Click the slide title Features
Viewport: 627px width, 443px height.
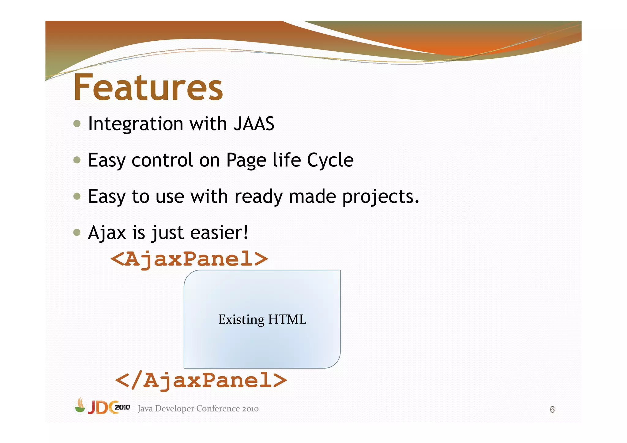[148, 88]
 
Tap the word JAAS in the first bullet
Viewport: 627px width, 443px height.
[253, 124]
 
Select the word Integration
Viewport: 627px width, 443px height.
[136, 124]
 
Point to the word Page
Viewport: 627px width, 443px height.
[246, 161]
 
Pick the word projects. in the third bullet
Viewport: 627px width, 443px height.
[380, 196]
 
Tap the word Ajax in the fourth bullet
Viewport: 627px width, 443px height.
[107, 233]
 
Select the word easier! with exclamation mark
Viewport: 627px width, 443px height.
[219, 233]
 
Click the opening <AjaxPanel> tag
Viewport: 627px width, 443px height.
[189, 259]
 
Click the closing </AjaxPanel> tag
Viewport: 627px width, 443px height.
[201, 380]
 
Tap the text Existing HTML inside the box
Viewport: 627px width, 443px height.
[262, 319]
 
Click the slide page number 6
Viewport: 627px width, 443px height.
[552, 409]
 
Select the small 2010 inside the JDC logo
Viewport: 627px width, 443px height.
[122, 407]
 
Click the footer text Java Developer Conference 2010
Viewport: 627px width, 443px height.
[198, 409]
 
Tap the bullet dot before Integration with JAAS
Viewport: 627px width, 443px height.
[77, 124]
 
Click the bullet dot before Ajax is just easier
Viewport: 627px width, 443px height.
[77, 233]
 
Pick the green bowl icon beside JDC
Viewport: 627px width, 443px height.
[80, 406]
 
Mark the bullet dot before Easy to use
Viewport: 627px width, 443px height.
[77, 196]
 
